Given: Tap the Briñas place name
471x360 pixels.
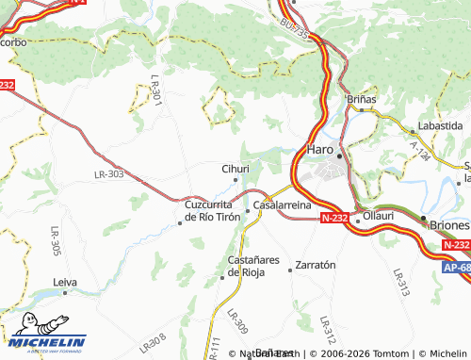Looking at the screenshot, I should tap(361, 98).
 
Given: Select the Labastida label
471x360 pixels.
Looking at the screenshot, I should tap(440, 125).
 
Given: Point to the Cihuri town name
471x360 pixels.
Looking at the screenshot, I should tap(235, 169).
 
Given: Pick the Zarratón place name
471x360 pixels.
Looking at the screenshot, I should tap(316, 266).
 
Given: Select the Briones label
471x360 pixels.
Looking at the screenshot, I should tap(449, 226).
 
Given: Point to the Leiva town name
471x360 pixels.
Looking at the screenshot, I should tap(65, 282).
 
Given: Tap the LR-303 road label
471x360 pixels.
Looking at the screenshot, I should tap(109, 174).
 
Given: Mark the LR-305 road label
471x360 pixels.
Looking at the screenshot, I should tap(56, 242).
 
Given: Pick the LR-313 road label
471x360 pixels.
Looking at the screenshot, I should tap(398, 279).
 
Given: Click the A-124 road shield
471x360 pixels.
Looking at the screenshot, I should tap(418, 152).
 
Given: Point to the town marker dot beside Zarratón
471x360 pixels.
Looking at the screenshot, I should tap(290, 270).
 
